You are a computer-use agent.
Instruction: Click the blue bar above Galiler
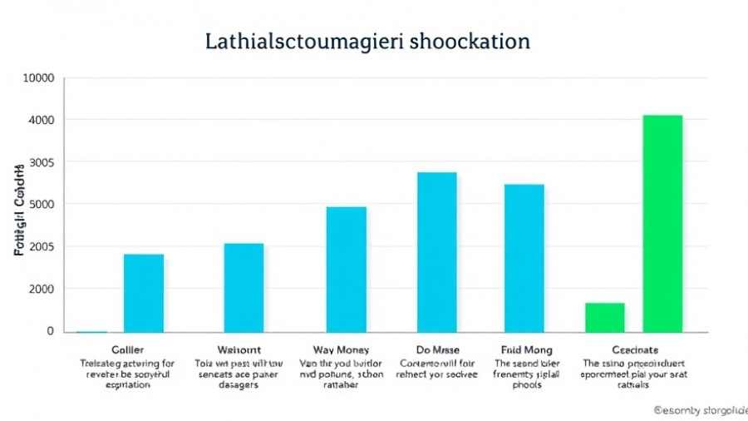144,293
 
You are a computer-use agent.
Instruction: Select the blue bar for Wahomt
244,287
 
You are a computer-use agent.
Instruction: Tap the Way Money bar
346,269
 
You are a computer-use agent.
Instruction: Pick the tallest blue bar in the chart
436,252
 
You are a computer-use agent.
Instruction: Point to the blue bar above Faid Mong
524,258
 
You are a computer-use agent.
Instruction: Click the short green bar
604,317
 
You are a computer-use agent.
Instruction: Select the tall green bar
662,223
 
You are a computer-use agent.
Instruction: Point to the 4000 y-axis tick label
41,120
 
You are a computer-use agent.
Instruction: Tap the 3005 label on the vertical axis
41,162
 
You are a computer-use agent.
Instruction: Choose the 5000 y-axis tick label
41,205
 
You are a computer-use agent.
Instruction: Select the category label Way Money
341,349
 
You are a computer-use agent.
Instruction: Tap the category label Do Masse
437,349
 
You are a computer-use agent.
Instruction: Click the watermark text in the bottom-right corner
700,410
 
